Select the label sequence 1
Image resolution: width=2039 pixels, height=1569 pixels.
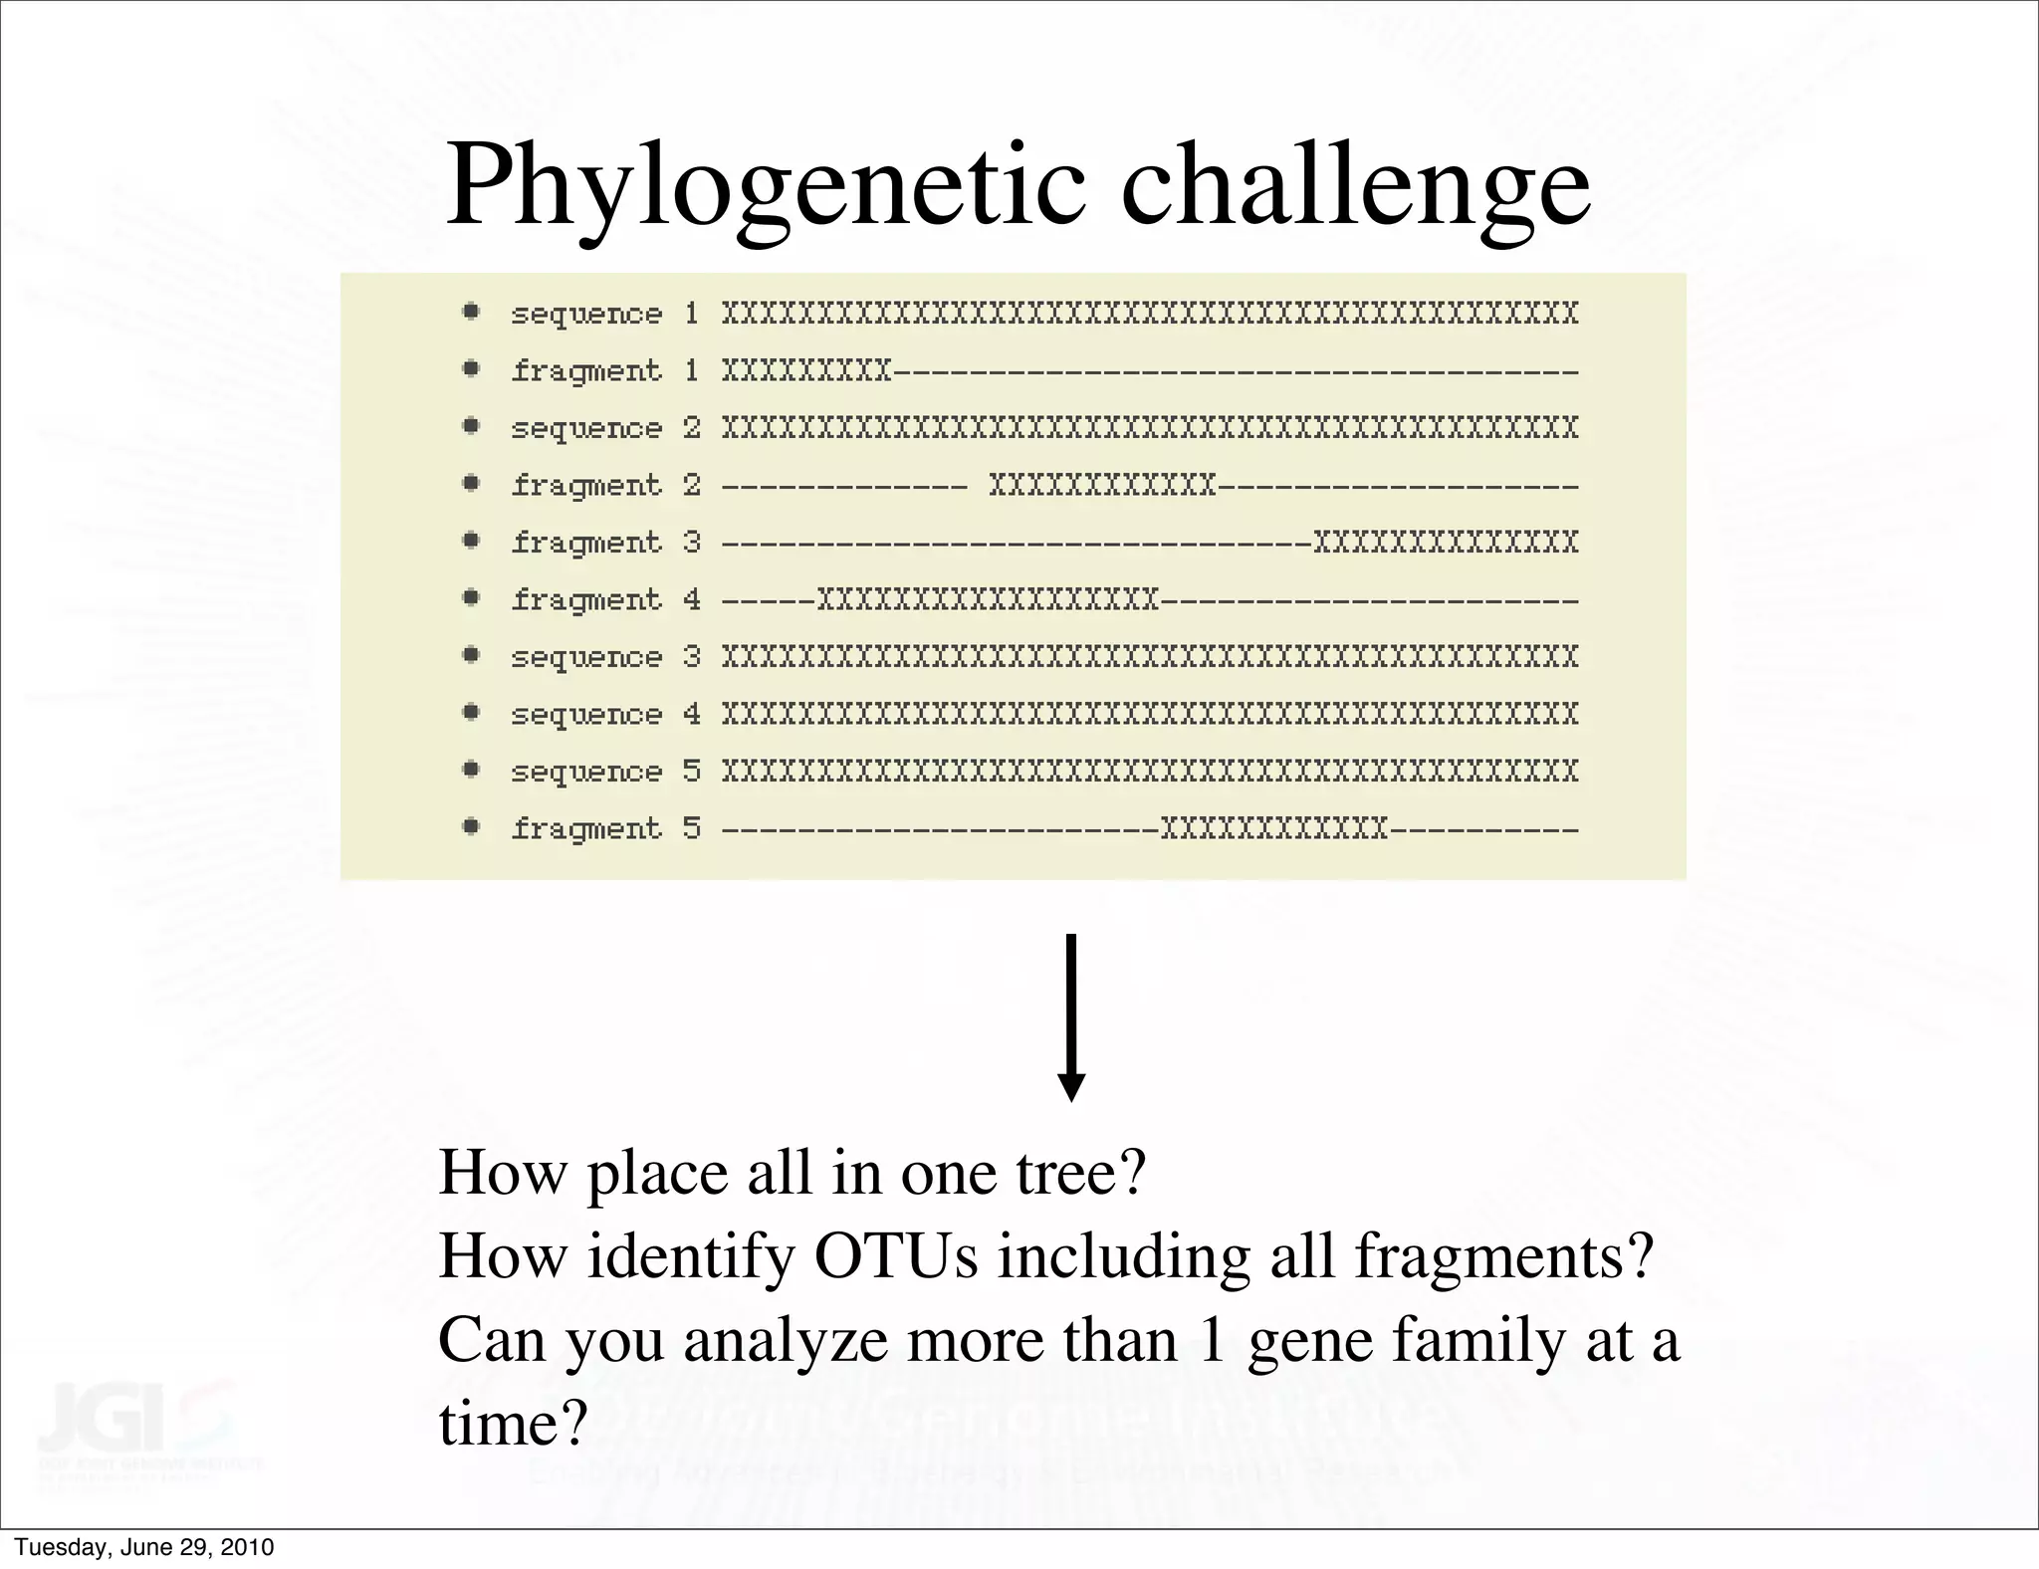[x=605, y=315]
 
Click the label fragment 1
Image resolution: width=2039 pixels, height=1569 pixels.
[x=605, y=371]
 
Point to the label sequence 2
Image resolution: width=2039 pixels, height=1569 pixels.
[x=605, y=429]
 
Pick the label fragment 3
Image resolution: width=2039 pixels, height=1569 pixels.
[x=605, y=543]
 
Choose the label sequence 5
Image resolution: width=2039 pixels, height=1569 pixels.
[x=605, y=772]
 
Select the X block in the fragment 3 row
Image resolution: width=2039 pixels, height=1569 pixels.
[x=1446, y=544]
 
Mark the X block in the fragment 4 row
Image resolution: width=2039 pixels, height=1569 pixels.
[x=988, y=600]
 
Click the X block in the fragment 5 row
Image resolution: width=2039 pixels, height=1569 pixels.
[x=1274, y=829]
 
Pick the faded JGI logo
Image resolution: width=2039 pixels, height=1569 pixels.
[x=134, y=1418]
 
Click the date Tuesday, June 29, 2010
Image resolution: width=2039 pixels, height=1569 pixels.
[x=144, y=1547]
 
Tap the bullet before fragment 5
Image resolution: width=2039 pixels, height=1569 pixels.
[x=472, y=826]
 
